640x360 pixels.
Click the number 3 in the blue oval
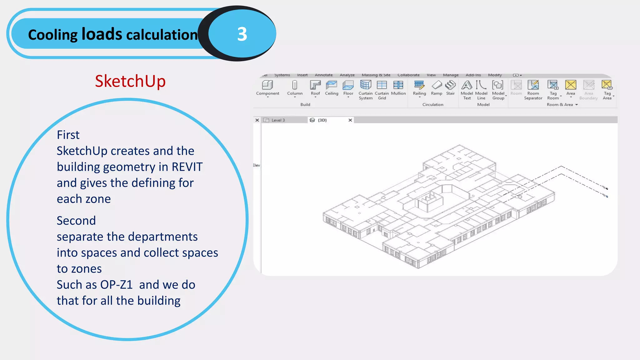[242, 34]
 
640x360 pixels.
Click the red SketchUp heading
[130, 81]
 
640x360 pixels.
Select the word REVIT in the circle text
[187, 167]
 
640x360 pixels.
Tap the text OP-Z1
[116, 285]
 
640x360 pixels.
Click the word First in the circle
[68, 135]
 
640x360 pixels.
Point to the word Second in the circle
[76, 221]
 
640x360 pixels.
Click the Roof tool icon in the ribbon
[315, 85]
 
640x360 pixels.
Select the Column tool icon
[295, 85]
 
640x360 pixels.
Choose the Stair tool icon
[450, 85]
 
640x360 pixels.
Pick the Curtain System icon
[365, 85]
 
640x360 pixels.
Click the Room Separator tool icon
[533, 85]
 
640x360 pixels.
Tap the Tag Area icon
[607, 85]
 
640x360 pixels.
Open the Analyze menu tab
[347, 75]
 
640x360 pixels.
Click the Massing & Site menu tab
[376, 75]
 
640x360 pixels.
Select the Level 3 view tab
[278, 120]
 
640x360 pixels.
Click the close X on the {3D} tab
[350, 120]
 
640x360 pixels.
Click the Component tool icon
[267, 85]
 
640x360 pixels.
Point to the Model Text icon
[467, 85]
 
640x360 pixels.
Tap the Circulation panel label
[433, 105]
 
